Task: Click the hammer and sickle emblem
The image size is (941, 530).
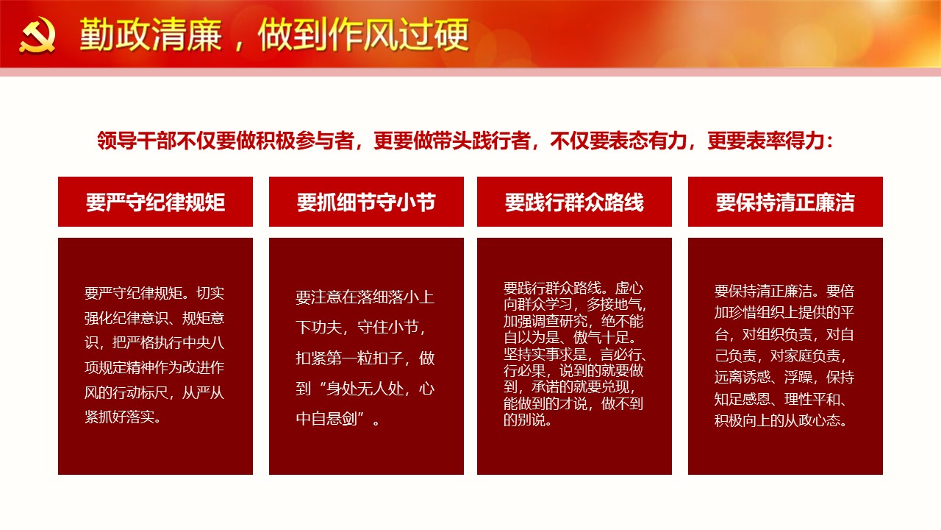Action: [37, 35]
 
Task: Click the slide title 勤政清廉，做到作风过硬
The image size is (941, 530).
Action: [274, 35]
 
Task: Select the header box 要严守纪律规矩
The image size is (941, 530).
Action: [155, 202]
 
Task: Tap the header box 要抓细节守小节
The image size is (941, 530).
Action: [366, 202]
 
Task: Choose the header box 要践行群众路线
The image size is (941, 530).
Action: [574, 202]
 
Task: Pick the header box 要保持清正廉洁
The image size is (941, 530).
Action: [785, 202]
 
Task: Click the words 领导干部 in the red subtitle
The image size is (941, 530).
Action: [137, 141]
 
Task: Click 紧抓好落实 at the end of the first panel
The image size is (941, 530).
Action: [120, 417]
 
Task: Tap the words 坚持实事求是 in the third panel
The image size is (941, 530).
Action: [545, 354]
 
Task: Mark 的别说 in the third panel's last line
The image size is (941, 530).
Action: [524, 420]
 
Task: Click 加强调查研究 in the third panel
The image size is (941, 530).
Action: [545, 322]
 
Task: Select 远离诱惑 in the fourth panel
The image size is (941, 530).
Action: [742, 377]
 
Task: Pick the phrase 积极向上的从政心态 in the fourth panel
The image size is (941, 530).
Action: [777, 420]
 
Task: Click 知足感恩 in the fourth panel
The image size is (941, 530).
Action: [742, 398]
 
